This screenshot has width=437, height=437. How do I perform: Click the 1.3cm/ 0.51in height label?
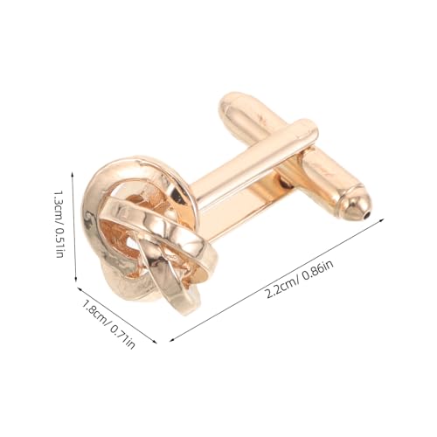click(59, 225)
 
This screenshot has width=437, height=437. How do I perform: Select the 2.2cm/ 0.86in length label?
click(300, 279)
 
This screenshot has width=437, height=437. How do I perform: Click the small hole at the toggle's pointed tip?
click(367, 215)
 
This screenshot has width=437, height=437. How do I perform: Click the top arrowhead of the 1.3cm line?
click(73, 174)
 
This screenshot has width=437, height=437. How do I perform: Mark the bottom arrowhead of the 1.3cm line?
click(76, 281)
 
